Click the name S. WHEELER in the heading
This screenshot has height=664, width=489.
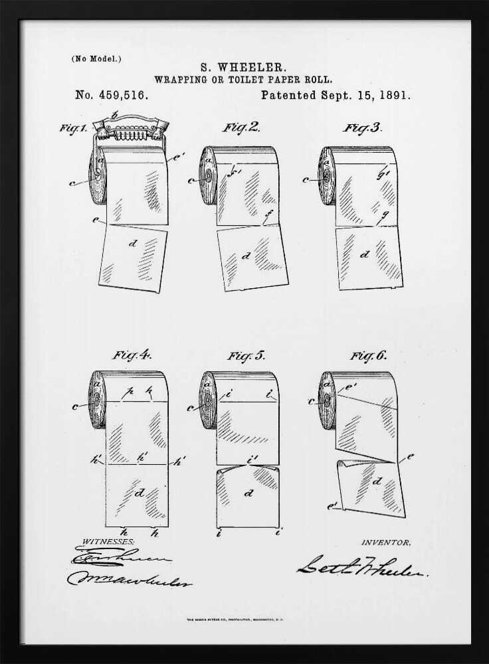click(x=243, y=67)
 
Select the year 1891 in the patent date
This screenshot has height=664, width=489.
click(x=396, y=95)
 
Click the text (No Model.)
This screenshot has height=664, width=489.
click(x=96, y=58)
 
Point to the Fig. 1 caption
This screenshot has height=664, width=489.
click(x=73, y=128)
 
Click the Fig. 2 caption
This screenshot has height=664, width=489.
click(x=241, y=127)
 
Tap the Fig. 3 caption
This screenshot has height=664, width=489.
click(x=362, y=127)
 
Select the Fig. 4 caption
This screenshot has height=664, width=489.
click(x=132, y=355)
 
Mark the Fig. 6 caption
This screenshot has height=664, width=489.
click(x=368, y=356)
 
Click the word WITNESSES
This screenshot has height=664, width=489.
click(x=108, y=542)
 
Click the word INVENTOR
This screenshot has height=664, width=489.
click(x=385, y=542)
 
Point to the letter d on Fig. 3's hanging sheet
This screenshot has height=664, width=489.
click(x=364, y=254)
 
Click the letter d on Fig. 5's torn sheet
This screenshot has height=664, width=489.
click(x=248, y=493)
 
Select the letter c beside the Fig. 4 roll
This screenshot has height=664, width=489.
click(x=74, y=406)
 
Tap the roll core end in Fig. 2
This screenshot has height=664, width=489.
click(x=208, y=178)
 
